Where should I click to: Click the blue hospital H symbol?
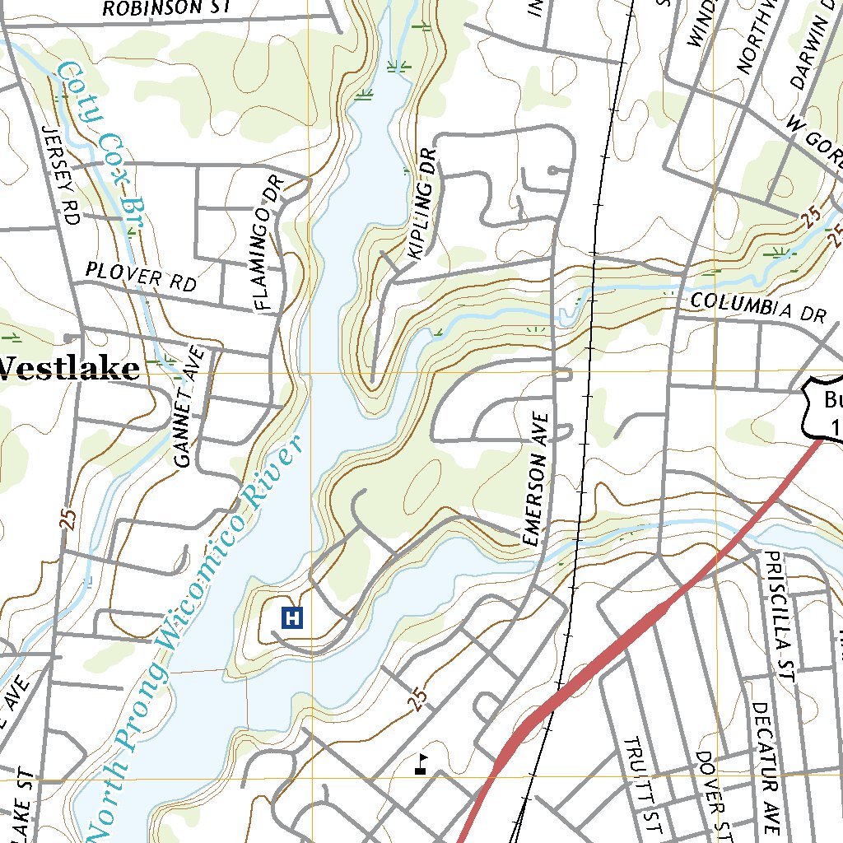(x=293, y=617)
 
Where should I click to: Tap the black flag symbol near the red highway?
(x=421, y=764)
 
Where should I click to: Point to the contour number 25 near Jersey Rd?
(x=68, y=519)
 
